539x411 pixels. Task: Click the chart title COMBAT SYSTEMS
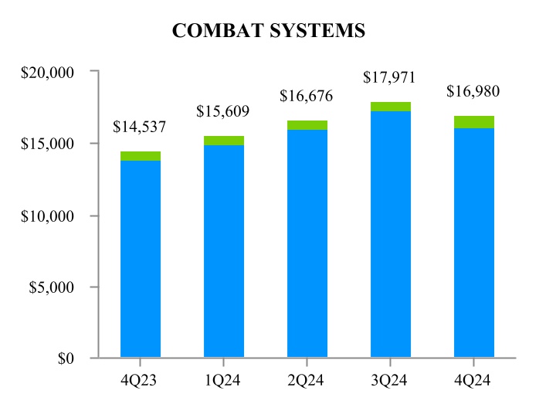[x=269, y=31]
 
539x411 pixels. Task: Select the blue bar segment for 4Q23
[x=141, y=259]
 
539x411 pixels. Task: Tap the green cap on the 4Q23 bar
[x=141, y=156]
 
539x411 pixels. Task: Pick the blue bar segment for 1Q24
[x=224, y=251]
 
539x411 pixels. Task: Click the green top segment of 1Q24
[x=224, y=141]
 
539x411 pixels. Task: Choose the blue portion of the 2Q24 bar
[x=307, y=243]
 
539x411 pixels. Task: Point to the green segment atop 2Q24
[x=307, y=125]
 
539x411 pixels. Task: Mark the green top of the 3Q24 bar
[x=391, y=107]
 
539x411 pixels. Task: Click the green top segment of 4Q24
[x=474, y=122]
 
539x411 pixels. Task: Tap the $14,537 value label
[x=140, y=127]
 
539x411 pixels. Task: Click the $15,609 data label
[x=223, y=111]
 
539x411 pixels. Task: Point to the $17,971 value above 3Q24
[x=390, y=78]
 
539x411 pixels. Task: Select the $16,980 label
[x=473, y=92]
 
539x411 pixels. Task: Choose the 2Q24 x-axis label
[x=307, y=381]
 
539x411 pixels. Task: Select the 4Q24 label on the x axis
[x=474, y=381]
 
